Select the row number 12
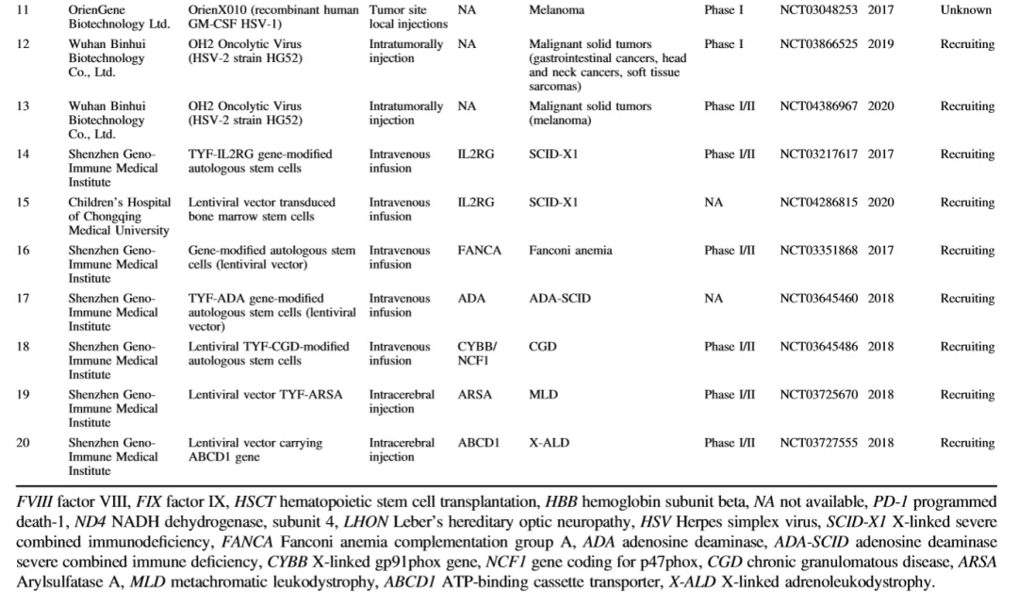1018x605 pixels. point(24,44)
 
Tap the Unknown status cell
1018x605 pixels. point(966,10)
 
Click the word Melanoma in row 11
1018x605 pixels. point(556,10)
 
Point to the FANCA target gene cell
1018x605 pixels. point(480,251)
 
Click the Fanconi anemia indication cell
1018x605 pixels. point(570,251)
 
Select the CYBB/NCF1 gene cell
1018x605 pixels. point(477,353)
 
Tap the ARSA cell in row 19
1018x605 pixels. point(475,395)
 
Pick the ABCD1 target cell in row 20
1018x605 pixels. point(479,443)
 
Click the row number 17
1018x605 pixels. point(24,299)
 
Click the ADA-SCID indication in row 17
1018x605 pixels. point(560,299)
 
